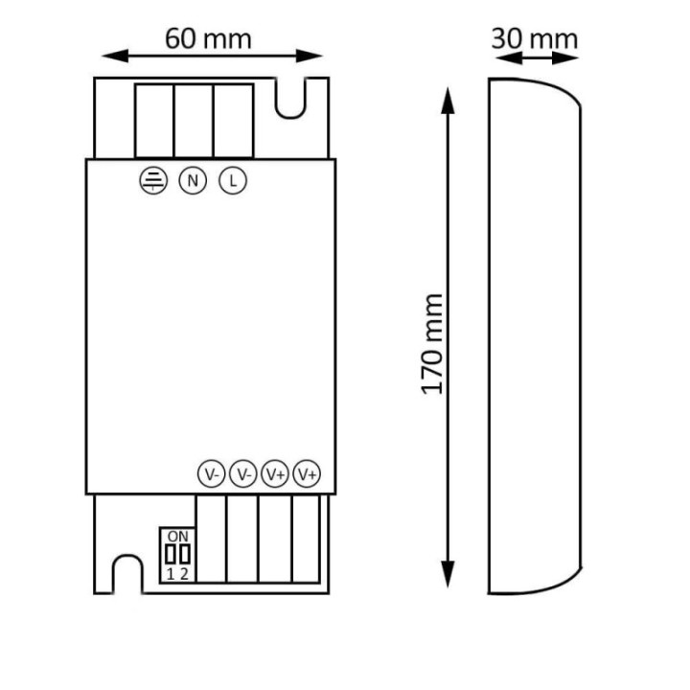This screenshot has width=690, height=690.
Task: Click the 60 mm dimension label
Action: [208, 38]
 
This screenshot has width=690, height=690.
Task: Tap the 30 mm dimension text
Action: [534, 38]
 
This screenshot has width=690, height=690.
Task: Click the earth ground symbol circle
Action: [152, 180]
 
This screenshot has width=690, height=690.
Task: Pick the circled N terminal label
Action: [193, 180]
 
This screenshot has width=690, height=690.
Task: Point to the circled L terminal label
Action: [232, 180]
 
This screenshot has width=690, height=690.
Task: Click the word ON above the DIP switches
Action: [176, 536]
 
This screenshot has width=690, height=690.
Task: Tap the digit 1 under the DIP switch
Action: [171, 574]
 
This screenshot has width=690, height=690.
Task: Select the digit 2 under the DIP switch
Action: [184, 574]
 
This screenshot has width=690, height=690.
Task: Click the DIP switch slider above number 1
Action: [171, 555]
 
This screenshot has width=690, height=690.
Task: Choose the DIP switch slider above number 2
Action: [184, 555]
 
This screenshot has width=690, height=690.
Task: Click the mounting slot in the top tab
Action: [291, 100]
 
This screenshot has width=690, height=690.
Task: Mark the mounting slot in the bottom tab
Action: [126, 574]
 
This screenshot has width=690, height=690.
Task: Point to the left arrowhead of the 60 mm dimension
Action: [106, 55]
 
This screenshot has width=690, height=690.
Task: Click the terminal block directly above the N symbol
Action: [193, 121]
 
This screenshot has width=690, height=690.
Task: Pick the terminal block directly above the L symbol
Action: [233, 121]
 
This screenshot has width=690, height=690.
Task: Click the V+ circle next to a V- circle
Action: [275, 473]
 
